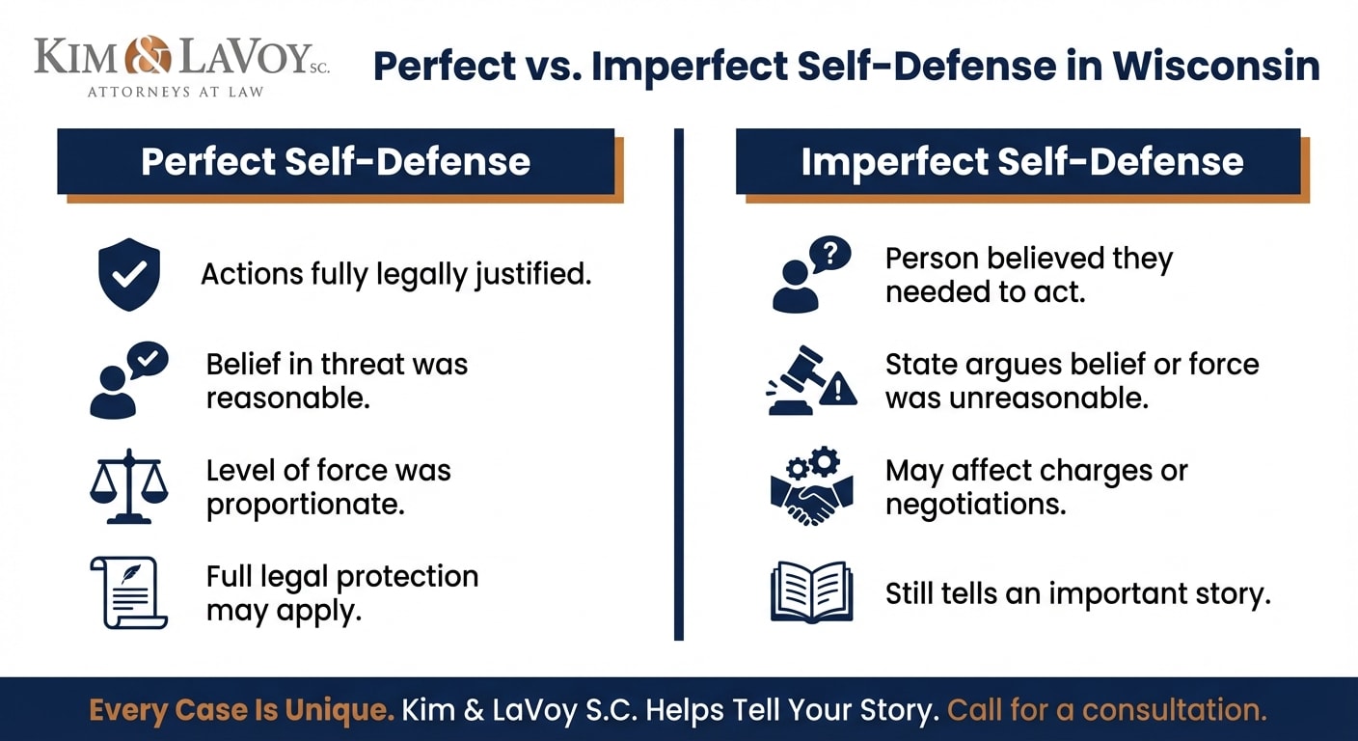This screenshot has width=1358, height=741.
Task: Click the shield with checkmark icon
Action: point(129,275)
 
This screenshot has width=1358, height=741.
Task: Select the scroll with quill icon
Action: point(128,592)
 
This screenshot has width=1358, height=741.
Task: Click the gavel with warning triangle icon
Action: point(811,380)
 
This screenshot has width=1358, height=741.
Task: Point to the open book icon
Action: point(812,592)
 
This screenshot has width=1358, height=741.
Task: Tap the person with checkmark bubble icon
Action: point(128,380)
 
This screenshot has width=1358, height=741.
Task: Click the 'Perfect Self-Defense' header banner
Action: point(336,161)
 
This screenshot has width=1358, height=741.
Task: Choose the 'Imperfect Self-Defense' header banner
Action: point(1021,161)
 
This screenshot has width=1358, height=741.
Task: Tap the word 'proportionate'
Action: point(305,505)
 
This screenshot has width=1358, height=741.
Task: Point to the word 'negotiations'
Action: point(975,504)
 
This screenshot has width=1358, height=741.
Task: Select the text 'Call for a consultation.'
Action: point(1106,710)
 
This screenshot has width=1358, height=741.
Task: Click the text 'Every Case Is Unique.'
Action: point(241,710)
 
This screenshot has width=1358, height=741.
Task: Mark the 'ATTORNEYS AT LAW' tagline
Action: point(176,92)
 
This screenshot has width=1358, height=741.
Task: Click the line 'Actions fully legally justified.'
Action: point(395,274)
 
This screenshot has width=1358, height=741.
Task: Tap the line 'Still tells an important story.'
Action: point(1077,593)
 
